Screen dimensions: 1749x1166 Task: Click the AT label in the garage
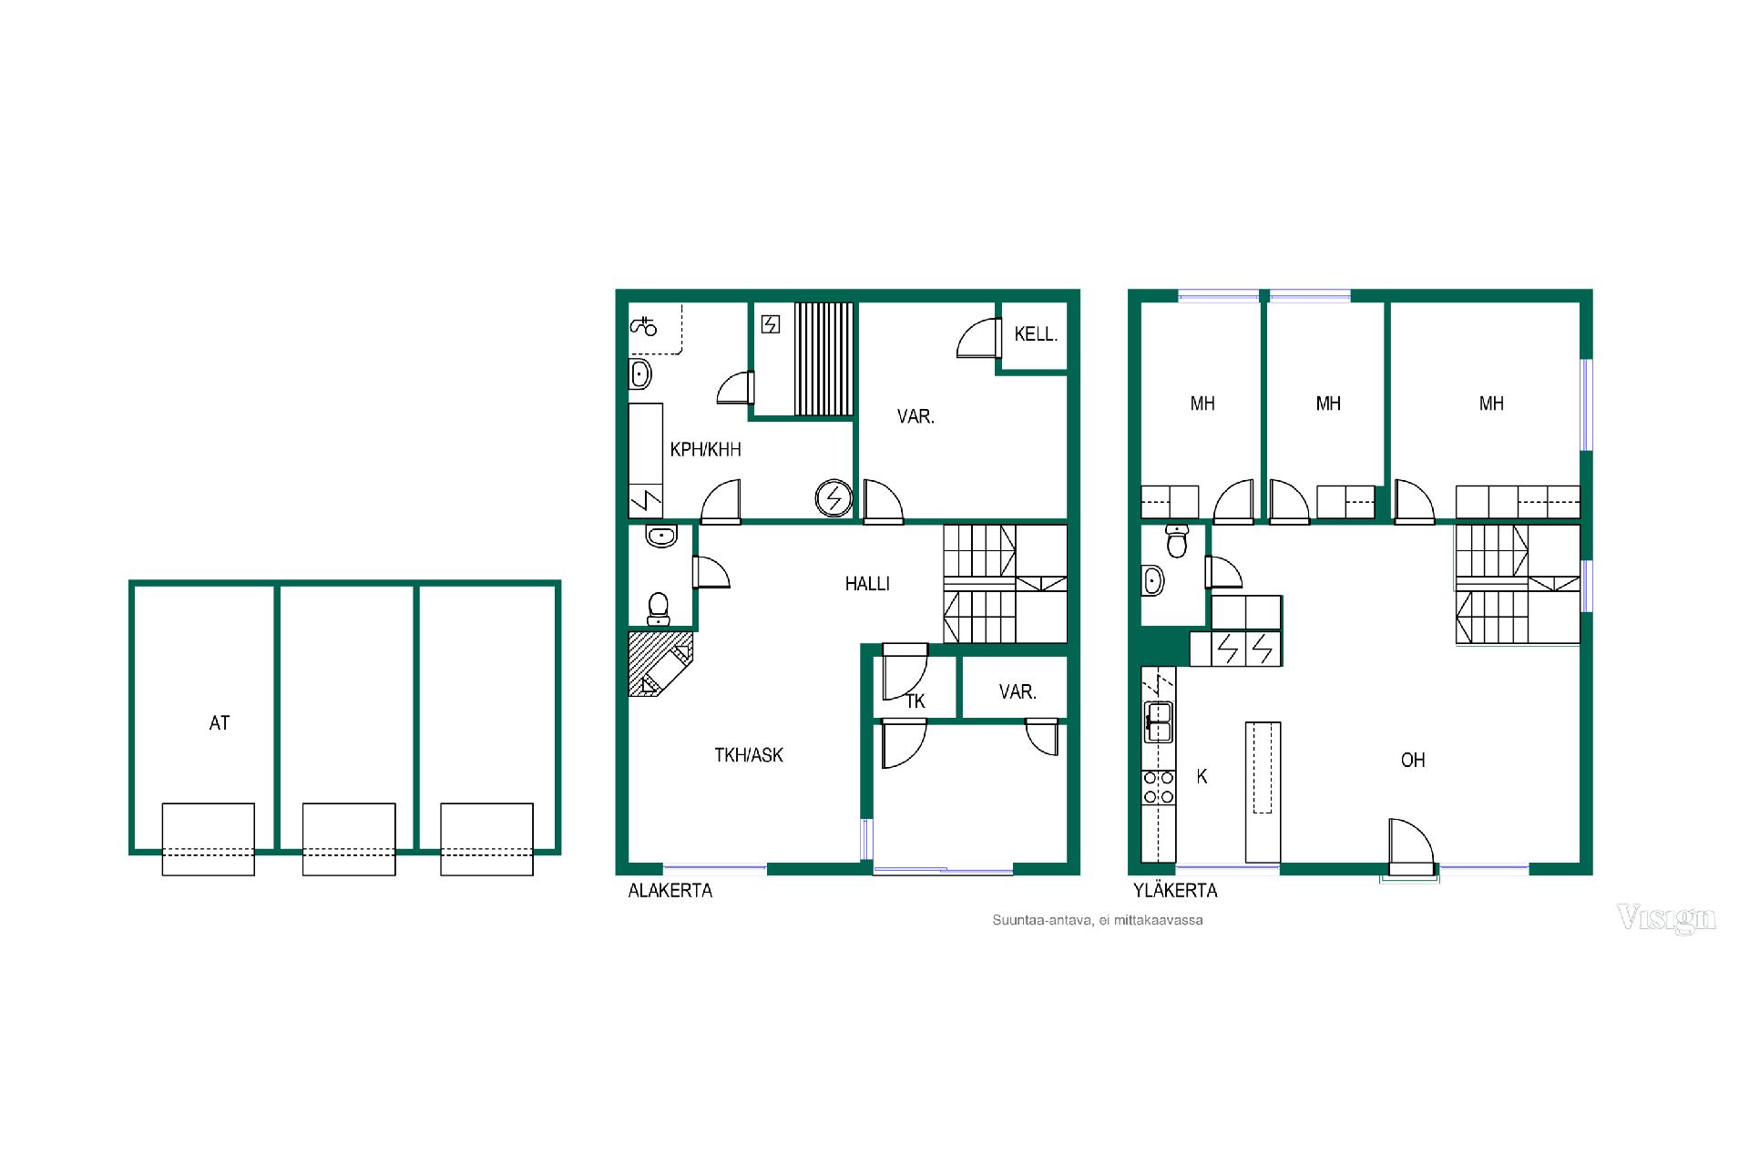(220, 723)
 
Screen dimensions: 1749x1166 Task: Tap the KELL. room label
(1036, 334)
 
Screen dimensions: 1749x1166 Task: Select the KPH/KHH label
(705, 449)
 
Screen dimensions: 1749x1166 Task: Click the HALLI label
(867, 584)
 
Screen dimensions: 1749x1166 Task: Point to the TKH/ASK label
(749, 755)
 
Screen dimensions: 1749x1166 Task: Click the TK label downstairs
(915, 701)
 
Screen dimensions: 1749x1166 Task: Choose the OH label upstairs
(1413, 761)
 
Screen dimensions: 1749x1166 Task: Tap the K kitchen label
(1202, 777)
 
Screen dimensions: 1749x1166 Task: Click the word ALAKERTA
(670, 891)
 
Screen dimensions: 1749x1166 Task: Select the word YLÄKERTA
(1175, 891)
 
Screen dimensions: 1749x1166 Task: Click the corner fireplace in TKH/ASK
(660, 665)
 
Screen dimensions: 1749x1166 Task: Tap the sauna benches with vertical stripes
(824, 359)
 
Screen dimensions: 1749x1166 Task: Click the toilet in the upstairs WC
(1178, 541)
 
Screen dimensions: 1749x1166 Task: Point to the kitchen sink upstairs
(1159, 721)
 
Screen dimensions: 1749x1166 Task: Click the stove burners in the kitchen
(1159, 788)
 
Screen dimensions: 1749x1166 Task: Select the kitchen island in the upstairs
(1263, 792)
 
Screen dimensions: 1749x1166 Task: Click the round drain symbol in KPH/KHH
(833, 498)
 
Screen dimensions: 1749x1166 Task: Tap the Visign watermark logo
(1666, 918)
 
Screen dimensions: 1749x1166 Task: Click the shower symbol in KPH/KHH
(644, 325)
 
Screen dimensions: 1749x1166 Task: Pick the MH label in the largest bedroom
(1491, 404)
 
